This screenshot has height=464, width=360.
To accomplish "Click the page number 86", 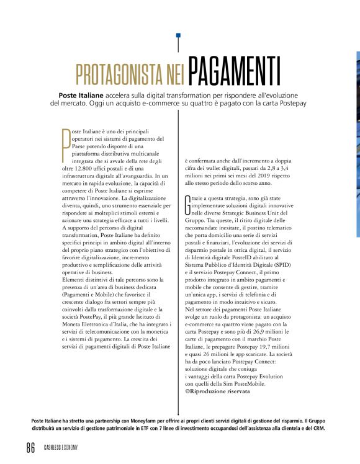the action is (30, 448).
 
